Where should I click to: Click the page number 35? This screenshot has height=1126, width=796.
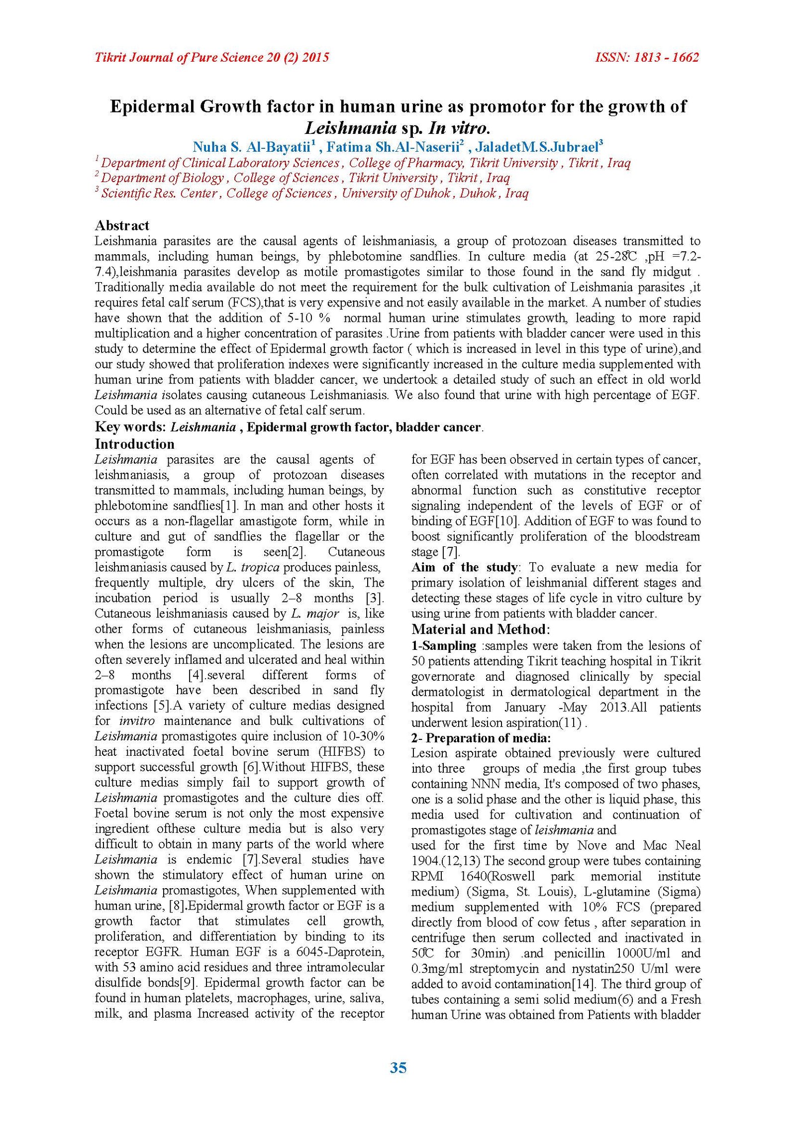click(398, 1068)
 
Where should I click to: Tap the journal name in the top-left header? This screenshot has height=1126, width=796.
click(212, 57)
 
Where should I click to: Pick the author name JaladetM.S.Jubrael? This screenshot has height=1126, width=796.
click(538, 147)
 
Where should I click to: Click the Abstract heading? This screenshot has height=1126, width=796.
click(122, 225)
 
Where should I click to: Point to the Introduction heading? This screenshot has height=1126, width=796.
click(134, 444)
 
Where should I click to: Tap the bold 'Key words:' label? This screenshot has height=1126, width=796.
click(130, 427)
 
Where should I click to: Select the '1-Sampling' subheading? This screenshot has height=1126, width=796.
click(444, 645)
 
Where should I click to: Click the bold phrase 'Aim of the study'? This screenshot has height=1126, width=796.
click(465, 567)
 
